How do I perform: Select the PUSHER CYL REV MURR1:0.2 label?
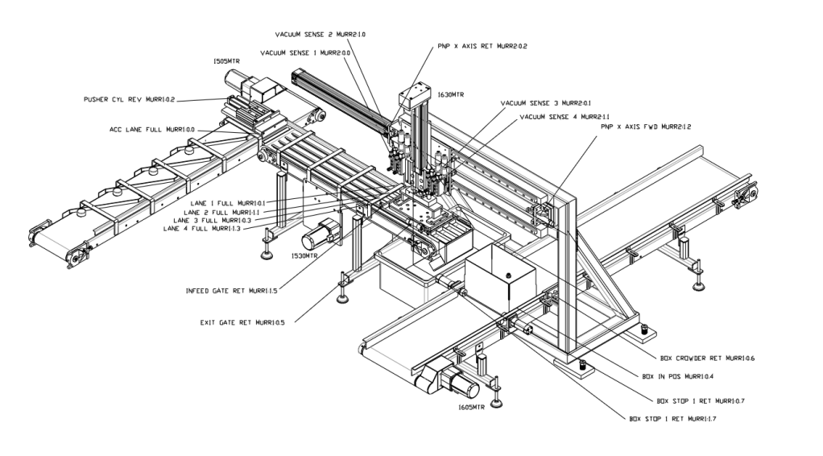[x=129, y=100]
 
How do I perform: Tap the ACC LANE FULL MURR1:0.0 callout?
[x=151, y=129]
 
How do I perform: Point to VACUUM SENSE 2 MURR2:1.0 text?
[x=320, y=35]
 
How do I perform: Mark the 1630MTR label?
[x=451, y=94]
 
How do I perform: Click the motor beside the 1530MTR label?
[x=321, y=234]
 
